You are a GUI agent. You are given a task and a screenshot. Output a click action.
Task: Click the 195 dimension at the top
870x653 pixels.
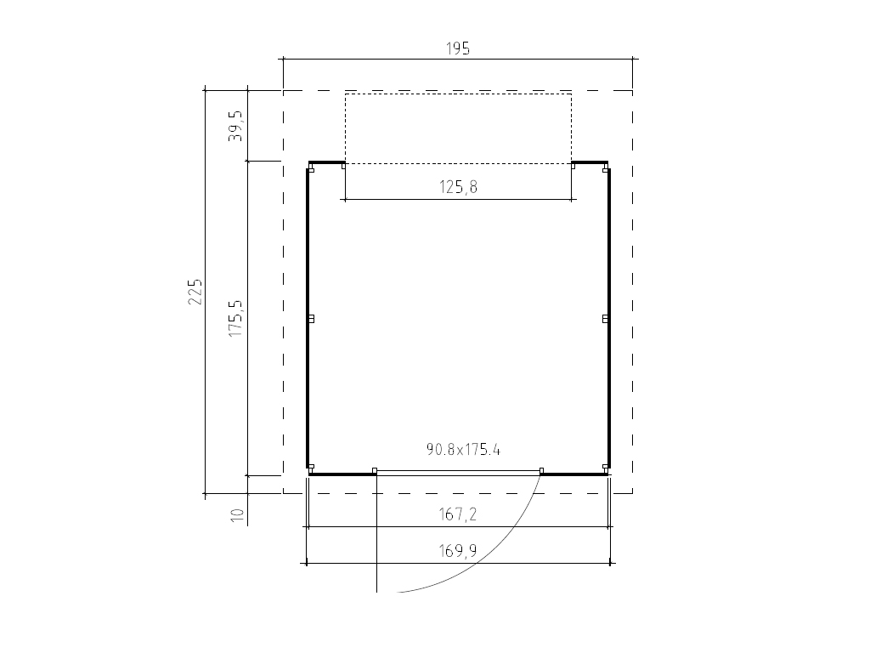tap(458, 48)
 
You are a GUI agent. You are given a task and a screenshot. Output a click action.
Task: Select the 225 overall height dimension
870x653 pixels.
tap(195, 291)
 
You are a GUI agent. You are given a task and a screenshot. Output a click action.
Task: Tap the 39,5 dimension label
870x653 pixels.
tap(235, 126)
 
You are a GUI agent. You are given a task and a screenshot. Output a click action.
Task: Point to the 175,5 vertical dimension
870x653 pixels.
tap(235, 318)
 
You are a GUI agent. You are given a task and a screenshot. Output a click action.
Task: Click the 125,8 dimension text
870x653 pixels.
tap(458, 187)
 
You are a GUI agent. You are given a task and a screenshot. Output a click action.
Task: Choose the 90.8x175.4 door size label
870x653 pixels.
tap(463, 449)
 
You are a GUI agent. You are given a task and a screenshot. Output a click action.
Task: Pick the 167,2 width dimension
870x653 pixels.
tap(458, 514)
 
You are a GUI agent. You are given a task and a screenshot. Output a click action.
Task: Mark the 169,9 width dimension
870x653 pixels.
tap(458, 551)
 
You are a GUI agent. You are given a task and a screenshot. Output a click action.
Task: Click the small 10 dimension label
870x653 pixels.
tap(237, 514)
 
